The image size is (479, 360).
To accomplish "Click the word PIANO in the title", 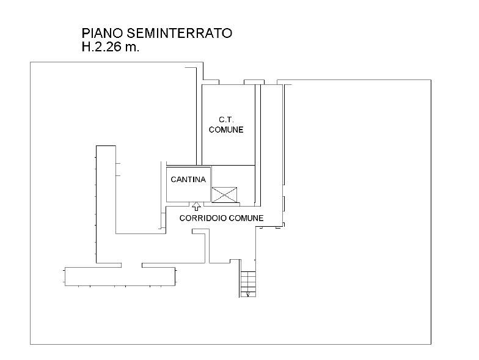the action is [x=103, y=33].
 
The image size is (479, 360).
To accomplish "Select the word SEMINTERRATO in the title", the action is [x=180, y=33].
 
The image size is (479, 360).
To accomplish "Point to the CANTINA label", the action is [x=188, y=180].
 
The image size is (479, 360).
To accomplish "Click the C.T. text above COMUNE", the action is [x=226, y=120].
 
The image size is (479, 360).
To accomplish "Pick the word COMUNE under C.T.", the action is [x=226, y=130].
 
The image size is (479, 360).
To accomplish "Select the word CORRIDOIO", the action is [x=203, y=218].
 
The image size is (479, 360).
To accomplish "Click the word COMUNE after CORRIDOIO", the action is [x=246, y=218].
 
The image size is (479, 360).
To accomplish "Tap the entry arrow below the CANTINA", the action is [x=196, y=207].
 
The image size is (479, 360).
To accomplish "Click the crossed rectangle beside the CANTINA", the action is [x=224, y=194].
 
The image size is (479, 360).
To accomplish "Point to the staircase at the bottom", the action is [x=248, y=284].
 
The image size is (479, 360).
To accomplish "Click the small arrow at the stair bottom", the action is [x=247, y=295].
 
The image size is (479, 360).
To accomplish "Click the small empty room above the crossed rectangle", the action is [x=233, y=176].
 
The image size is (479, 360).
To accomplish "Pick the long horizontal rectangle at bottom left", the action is [x=120, y=276].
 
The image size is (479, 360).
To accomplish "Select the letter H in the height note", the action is [x=86, y=47].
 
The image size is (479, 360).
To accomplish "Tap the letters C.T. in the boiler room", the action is [x=226, y=120].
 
